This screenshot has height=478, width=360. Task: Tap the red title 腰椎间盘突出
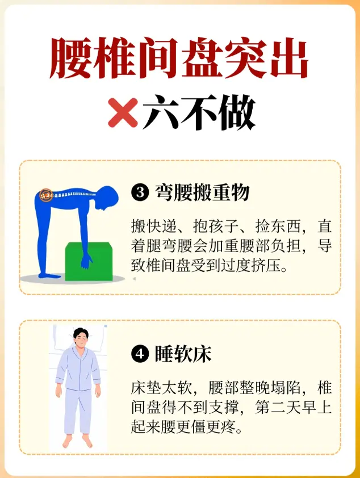pos(179,58)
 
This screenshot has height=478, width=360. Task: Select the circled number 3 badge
pos(140,192)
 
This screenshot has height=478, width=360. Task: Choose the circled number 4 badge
pos(140,354)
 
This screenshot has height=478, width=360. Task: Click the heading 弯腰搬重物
pos(202,192)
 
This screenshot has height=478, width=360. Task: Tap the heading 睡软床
pos(183,354)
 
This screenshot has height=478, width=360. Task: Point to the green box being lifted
pos(89,261)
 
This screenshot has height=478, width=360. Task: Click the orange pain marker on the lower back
pos(47,195)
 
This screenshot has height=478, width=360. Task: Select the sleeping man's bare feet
pos(78,441)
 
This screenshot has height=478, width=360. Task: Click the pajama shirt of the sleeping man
pos(78,369)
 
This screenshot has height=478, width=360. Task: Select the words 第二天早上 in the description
pos(293,407)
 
